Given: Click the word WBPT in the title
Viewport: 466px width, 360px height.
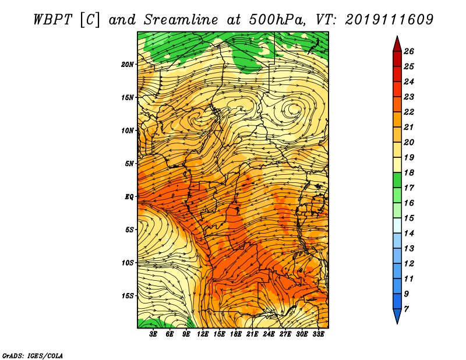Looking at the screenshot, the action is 53,20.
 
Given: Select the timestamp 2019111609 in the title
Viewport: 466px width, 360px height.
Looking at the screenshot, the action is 390,20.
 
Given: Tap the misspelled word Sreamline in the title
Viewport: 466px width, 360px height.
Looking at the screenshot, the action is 181,20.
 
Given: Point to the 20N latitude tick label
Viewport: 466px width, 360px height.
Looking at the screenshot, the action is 128,65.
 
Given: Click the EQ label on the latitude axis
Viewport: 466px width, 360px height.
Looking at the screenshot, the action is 129,197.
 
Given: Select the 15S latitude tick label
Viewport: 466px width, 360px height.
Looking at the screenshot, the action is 128,296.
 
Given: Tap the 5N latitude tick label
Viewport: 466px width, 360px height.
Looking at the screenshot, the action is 129,164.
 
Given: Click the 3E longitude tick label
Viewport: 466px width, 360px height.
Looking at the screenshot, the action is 153,334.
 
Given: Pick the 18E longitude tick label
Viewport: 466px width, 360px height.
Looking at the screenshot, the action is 236,334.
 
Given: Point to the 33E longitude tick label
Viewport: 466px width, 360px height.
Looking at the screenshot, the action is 318,334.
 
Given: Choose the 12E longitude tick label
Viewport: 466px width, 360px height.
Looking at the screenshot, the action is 203,334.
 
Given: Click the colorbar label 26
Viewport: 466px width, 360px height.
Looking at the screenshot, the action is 409,51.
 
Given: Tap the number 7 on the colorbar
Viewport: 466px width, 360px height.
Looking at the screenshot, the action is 406,309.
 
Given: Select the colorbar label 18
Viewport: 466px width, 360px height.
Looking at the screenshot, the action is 409,172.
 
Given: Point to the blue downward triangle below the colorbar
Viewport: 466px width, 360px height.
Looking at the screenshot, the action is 397,315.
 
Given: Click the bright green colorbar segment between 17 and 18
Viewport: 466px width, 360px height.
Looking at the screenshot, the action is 397,180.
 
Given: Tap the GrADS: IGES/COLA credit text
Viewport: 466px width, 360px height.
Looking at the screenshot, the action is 33,356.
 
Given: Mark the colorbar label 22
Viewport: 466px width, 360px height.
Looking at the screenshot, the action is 409,112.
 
